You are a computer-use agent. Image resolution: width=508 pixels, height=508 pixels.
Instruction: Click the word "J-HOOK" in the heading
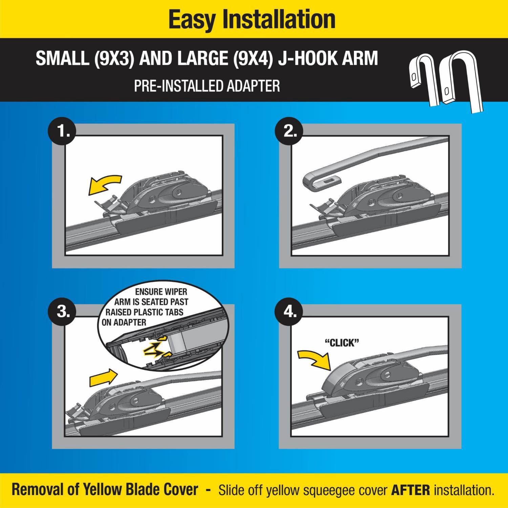pos(311,58)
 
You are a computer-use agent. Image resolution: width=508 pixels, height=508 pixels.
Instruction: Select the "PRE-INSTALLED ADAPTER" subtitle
pos(207,86)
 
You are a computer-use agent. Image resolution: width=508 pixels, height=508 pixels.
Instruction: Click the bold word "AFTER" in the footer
pos(410,490)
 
